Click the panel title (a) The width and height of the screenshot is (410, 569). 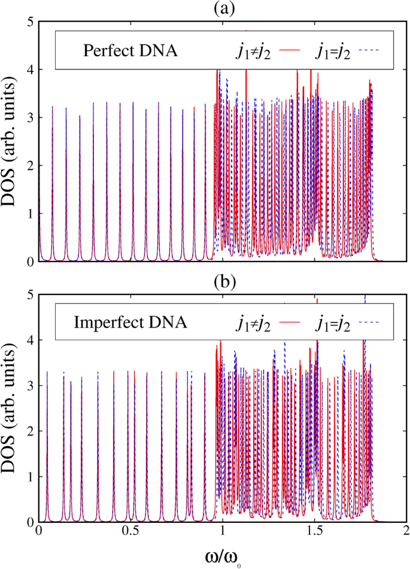coord(222,8)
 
